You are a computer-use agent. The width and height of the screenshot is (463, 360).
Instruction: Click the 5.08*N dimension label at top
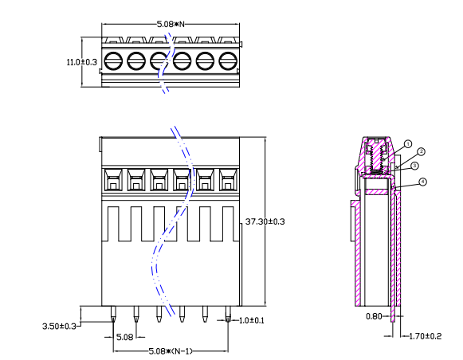click(x=171, y=25)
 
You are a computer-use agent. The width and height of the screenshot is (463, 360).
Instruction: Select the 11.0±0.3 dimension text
click(x=81, y=61)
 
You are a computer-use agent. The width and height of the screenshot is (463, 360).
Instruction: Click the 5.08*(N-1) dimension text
click(x=171, y=351)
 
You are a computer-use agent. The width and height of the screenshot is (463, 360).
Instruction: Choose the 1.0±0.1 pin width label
click(x=251, y=320)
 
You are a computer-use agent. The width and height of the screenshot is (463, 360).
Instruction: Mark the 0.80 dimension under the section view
click(x=372, y=316)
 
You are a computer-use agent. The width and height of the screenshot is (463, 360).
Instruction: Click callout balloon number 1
click(x=407, y=144)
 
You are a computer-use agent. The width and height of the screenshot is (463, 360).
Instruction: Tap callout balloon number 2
click(x=421, y=151)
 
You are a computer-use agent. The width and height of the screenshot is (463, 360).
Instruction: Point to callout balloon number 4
click(x=422, y=182)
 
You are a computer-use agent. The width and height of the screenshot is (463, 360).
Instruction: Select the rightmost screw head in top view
click(x=228, y=60)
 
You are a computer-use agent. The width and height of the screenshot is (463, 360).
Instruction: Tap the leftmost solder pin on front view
click(x=113, y=316)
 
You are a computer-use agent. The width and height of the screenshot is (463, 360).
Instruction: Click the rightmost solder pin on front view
click(x=228, y=316)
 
